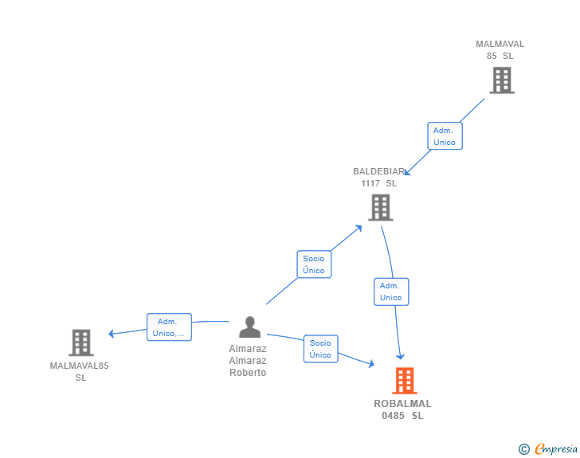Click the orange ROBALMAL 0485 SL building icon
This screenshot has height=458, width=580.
click(405, 381)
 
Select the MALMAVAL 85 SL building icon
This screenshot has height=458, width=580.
click(501, 80)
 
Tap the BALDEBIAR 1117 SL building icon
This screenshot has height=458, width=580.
click(381, 207)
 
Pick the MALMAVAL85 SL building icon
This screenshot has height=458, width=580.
click(81, 343)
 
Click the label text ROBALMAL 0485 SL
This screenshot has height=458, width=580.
click(402, 409)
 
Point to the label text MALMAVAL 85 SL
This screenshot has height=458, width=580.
click(500, 50)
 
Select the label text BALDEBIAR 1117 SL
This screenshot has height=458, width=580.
click(378, 177)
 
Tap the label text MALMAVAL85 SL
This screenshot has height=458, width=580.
click(80, 371)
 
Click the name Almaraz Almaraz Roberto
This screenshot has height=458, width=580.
click(248, 360)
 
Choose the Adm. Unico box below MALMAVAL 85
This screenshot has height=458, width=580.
click(445, 136)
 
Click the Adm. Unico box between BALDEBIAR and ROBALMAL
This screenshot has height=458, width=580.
click(391, 292)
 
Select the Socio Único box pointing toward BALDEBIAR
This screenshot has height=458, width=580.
click(314, 264)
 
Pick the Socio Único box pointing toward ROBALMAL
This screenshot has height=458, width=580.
click(320, 349)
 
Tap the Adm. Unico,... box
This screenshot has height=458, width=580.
click(169, 327)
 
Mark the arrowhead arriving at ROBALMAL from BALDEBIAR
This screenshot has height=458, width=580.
click(401, 355)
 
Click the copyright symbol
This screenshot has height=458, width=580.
click(524, 449)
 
